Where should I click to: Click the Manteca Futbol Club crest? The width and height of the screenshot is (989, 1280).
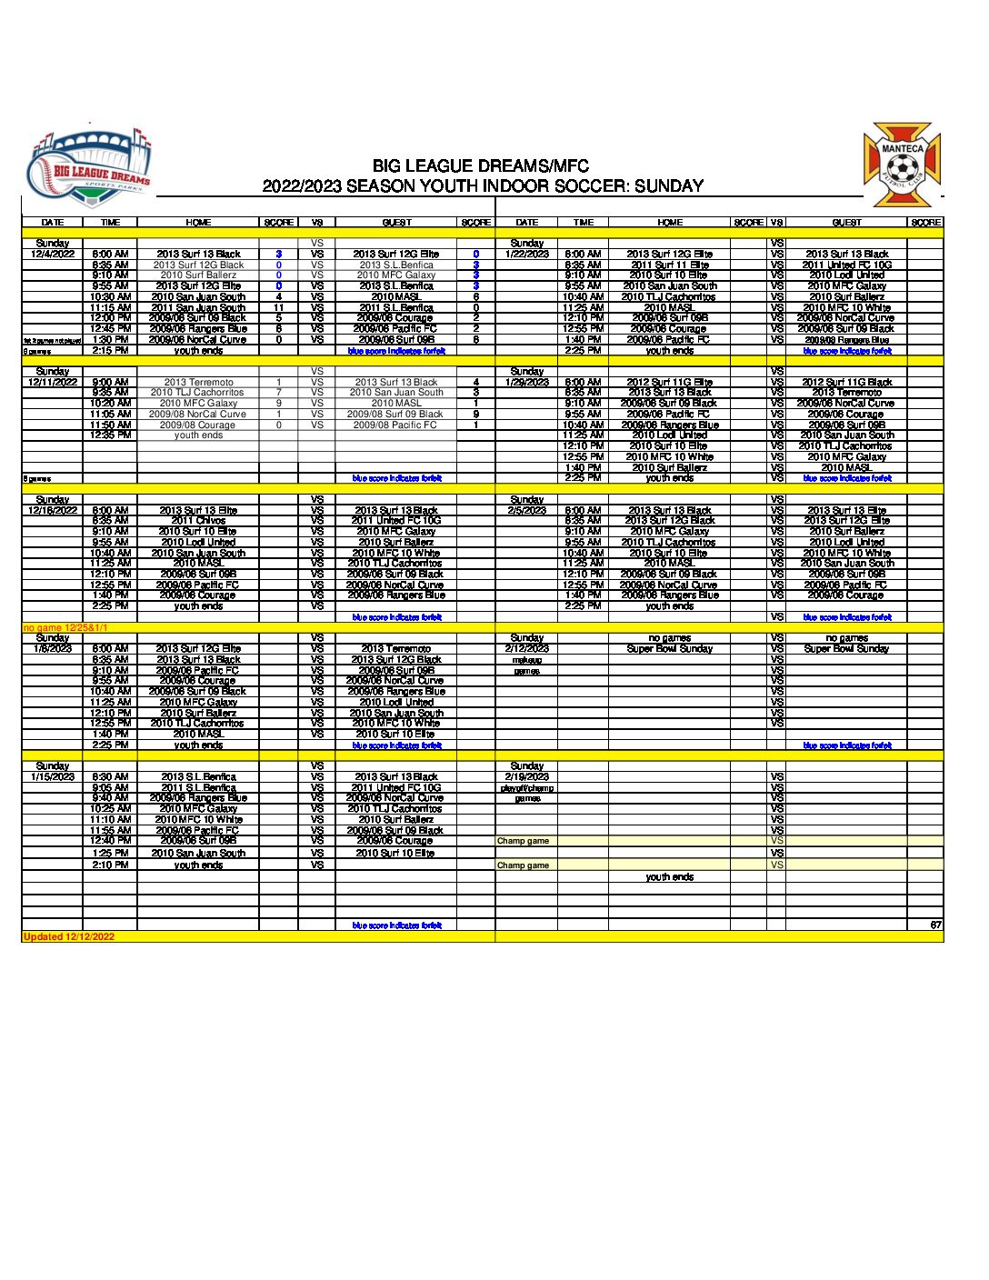[901, 166]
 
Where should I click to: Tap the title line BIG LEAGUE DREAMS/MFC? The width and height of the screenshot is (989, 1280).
[480, 166]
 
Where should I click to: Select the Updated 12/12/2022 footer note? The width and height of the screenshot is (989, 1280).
[69, 936]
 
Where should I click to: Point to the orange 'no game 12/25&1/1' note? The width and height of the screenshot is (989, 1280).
[65, 627]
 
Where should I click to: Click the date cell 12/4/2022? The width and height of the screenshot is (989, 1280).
[53, 255]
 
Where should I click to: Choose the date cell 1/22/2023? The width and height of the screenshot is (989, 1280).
[527, 255]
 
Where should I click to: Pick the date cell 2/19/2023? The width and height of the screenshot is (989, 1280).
[527, 777]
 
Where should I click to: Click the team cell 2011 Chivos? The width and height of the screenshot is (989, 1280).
[198, 521]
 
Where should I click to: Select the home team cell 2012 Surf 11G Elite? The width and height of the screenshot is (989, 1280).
[670, 383]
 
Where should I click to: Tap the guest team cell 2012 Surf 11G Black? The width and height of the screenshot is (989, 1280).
[846, 383]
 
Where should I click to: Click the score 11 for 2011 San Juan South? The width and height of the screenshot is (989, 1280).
[279, 307]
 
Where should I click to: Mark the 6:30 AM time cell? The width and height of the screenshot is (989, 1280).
[111, 777]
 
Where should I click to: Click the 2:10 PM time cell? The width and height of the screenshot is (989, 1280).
[111, 865]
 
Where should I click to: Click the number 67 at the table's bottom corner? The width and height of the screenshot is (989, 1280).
[935, 925]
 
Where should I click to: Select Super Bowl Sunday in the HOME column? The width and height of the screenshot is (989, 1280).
[670, 649]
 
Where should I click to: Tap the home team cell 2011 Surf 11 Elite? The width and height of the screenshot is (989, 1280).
[670, 265]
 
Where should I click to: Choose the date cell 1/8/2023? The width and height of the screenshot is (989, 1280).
[53, 649]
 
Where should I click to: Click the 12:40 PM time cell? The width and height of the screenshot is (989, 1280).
[111, 841]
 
